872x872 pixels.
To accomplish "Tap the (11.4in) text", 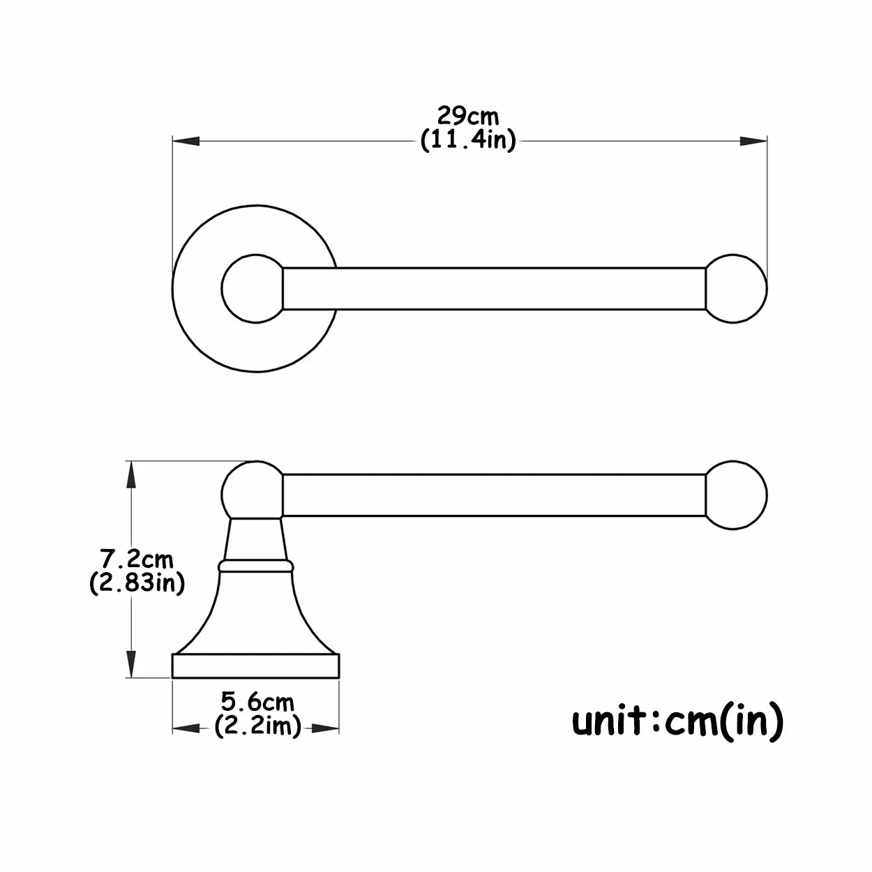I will pyautogui.click(x=468, y=140).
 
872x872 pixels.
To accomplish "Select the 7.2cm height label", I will pyautogui.click(x=137, y=559).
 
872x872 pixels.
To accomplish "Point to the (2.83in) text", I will pyautogui.click(x=137, y=582).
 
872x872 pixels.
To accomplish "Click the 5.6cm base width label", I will pyautogui.click(x=257, y=700).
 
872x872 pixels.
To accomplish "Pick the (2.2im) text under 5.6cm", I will pyautogui.click(x=257, y=726).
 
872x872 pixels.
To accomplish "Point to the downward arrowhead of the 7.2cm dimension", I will pyautogui.click(x=130, y=663).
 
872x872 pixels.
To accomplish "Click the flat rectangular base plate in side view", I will pyautogui.click(x=255, y=666).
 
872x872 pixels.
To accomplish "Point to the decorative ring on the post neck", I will pyautogui.click(x=254, y=565).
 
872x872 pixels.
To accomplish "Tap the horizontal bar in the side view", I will pyautogui.click(x=493, y=495).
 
